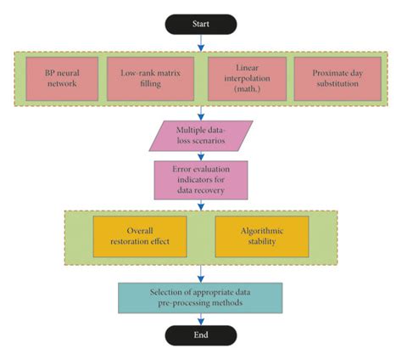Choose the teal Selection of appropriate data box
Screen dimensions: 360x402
[x=201, y=295]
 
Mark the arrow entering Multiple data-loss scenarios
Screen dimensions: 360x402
[x=201, y=114]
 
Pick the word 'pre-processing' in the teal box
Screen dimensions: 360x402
[x=176, y=301]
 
